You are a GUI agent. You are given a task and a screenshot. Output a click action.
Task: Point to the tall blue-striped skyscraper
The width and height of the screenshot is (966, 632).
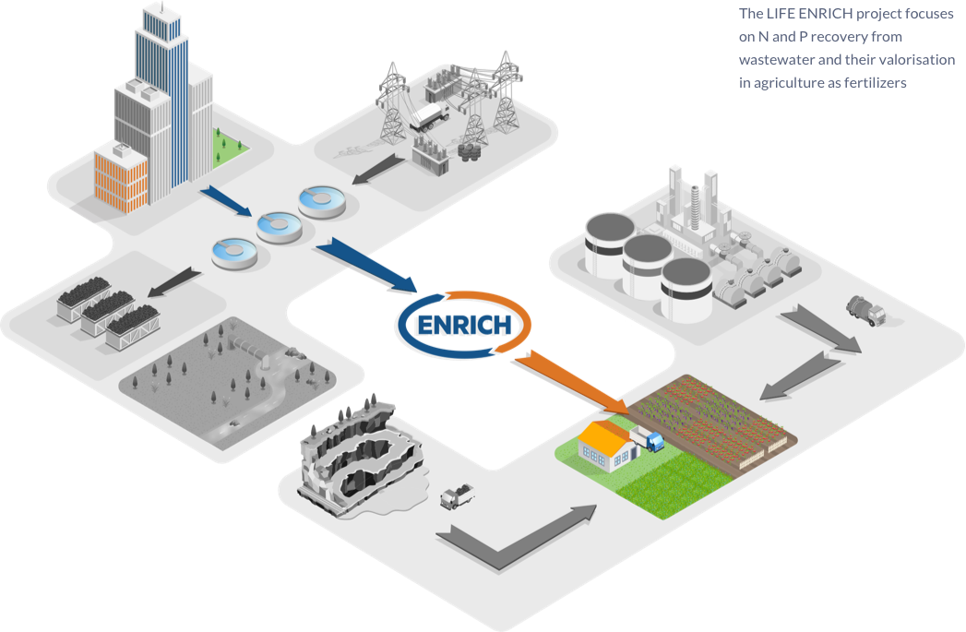pyautogui.click(x=161, y=92)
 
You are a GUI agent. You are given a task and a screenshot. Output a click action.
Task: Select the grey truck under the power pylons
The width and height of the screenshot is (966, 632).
pyautogui.click(x=429, y=113)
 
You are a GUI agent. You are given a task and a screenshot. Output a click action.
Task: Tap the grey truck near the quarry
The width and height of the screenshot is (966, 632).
pyautogui.click(x=458, y=497)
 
